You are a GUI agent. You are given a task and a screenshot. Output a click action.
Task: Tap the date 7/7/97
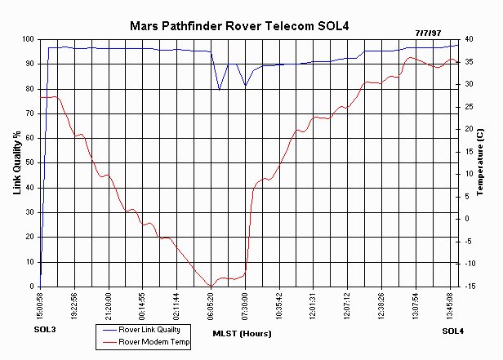pyautogui.click(x=429, y=31)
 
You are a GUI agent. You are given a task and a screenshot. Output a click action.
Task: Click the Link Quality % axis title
pyautogui.click(x=17, y=163)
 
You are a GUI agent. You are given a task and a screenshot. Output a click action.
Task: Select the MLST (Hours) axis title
pyautogui.click(x=242, y=333)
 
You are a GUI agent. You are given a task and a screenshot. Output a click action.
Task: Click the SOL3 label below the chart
pyautogui.click(x=47, y=330)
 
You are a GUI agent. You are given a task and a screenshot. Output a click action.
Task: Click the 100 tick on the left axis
pyautogui.click(x=28, y=39)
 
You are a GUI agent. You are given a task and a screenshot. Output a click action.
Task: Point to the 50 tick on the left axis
pyautogui.click(x=29, y=163)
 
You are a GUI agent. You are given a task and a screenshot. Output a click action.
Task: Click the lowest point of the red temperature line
pyautogui.click(x=211, y=286)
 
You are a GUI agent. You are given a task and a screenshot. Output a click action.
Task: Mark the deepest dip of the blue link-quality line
pyautogui.click(x=219, y=90)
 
